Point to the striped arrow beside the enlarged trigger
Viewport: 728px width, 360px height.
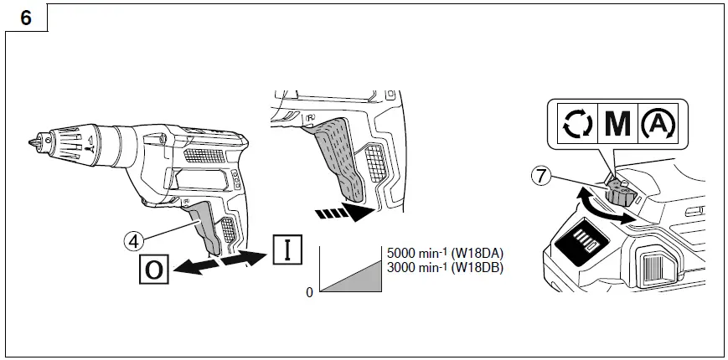343,213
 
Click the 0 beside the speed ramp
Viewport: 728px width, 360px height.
310,291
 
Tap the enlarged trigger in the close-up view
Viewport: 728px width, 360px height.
343,159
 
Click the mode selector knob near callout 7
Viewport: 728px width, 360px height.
621,193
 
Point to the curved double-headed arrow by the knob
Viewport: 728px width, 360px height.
606,209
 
